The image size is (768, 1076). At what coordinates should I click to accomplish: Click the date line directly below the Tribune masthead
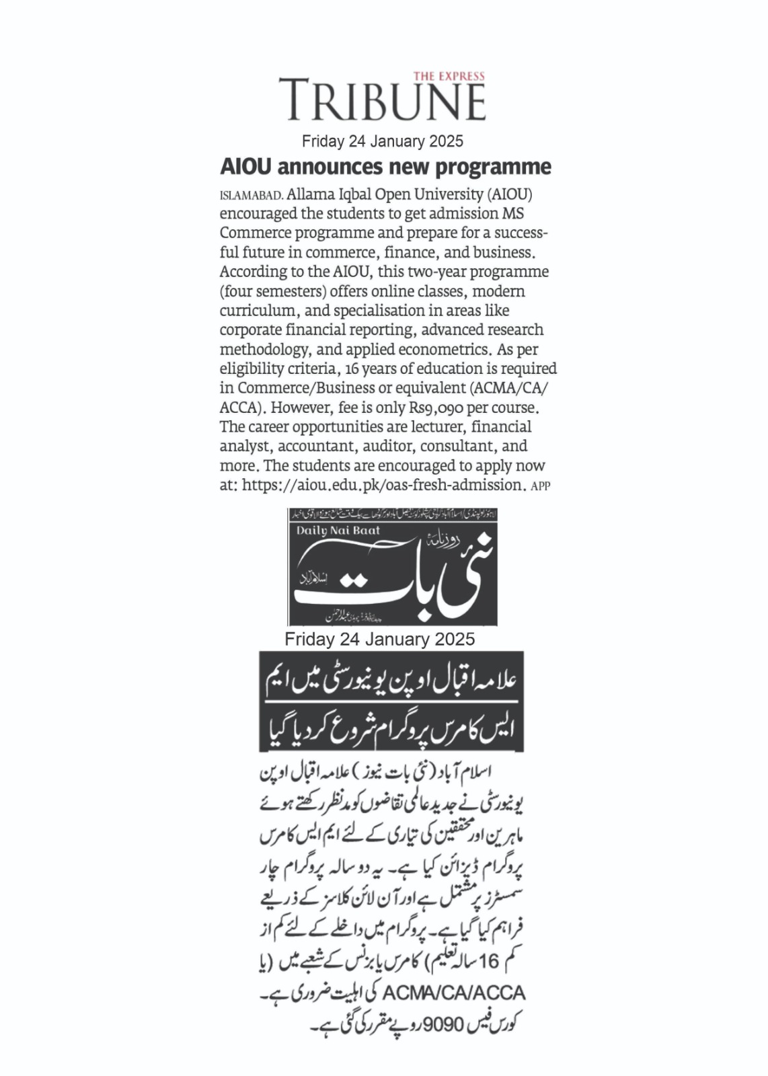(382, 141)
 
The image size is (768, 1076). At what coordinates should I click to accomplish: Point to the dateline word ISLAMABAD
(251, 196)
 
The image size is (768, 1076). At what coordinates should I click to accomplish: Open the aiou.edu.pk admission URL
(383, 485)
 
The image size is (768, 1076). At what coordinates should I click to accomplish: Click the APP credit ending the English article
(541, 486)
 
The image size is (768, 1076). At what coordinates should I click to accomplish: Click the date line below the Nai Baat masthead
(379, 639)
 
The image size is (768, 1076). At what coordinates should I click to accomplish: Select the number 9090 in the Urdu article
(442, 1025)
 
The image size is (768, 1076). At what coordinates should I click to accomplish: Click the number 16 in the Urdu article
(489, 961)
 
